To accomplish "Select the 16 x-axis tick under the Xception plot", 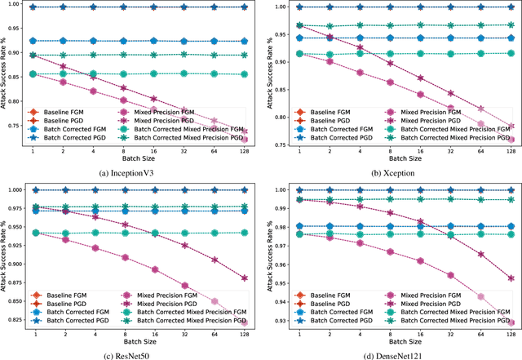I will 421,152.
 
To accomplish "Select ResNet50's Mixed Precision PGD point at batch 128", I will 246,278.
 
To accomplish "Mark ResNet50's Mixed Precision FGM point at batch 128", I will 246,322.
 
